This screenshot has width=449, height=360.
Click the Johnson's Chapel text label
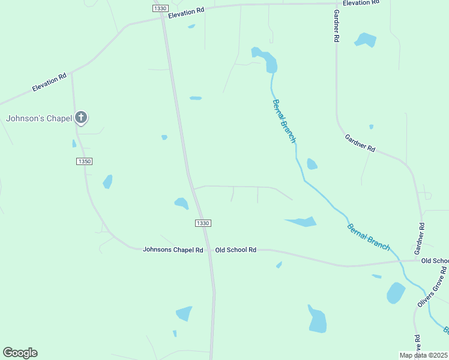tap(39, 118)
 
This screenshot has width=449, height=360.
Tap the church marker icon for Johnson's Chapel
tap(81, 118)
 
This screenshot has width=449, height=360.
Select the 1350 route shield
tap(85, 161)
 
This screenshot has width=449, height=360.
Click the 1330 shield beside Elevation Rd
tap(160, 8)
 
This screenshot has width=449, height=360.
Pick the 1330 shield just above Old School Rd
tap(203, 223)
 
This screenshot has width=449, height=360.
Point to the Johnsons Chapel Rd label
tap(173, 250)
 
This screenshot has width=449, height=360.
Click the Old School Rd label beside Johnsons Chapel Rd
tap(236, 250)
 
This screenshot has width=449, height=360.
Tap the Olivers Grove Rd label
tap(432, 287)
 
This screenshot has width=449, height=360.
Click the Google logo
tap(20, 353)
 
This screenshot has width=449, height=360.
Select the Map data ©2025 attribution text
tap(424, 355)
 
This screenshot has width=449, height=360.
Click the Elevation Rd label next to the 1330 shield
tap(186, 13)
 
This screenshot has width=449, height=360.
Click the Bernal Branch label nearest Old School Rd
tap(368, 236)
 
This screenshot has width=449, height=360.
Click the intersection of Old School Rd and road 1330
tap(209, 249)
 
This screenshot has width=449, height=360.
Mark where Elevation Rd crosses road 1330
tap(163, 17)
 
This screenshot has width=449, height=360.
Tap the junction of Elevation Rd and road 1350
tap(71, 73)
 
